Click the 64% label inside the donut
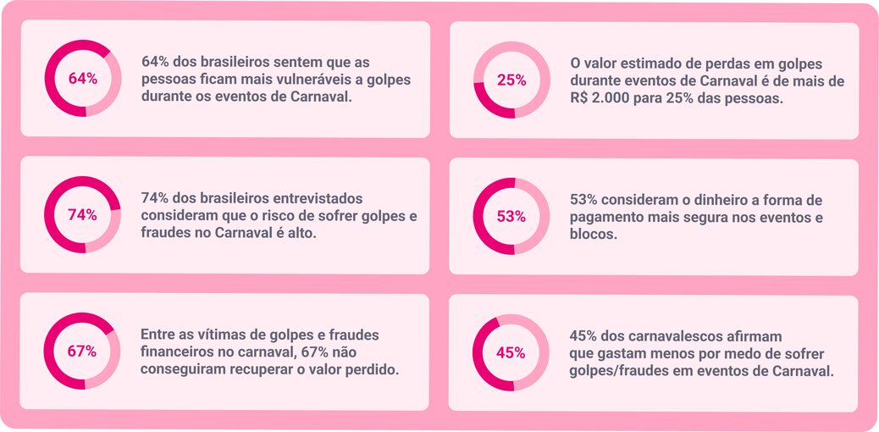click(x=82, y=79)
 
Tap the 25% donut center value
click(x=511, y=80)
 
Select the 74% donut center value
click(x=82, y=215)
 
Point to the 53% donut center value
click(x=511, y=216)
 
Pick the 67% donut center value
click(x=82, y=352)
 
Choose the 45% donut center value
click(x=511, y=352)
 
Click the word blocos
click(x=593, y=235)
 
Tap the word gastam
click(x=622, y=353)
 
